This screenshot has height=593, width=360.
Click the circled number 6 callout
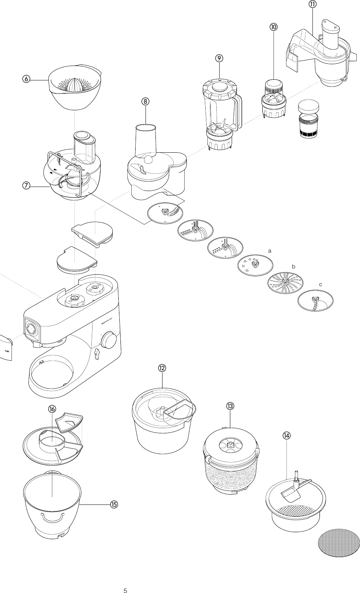26,79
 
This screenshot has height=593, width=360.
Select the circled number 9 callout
219,58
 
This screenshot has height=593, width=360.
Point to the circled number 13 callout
230,406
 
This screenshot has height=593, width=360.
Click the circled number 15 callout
113,504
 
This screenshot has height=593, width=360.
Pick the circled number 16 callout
52,409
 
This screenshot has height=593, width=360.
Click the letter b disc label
294,266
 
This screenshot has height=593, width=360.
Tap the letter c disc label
321,285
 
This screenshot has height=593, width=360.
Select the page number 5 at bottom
125,580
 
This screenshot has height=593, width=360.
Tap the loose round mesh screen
339,542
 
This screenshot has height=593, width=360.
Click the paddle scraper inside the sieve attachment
293,493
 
